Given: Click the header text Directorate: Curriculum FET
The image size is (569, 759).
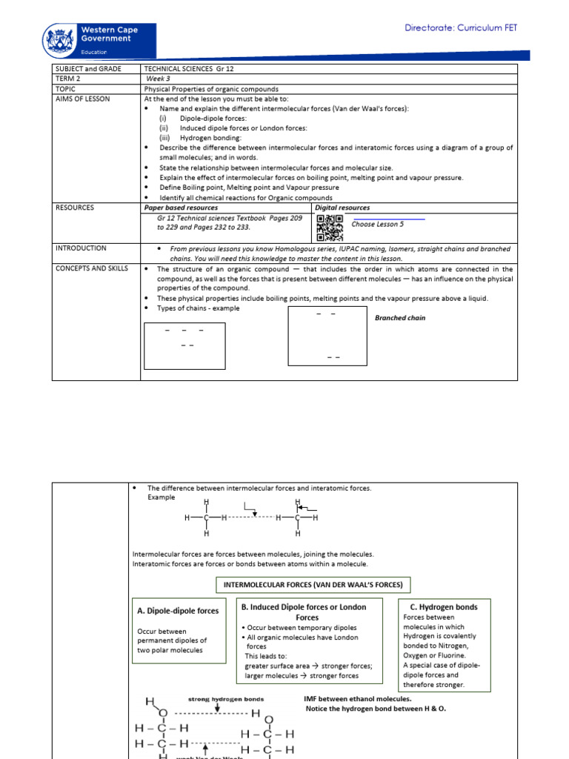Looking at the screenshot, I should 461,28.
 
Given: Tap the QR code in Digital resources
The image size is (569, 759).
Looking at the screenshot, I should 329,228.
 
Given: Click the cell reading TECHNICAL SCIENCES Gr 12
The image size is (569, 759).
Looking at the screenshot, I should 183,68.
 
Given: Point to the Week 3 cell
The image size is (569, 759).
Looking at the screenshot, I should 159,79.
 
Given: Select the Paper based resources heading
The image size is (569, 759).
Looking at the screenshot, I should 181,208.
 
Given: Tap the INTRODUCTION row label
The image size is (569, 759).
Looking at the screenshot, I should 81,248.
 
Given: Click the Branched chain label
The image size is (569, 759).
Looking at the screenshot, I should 400,318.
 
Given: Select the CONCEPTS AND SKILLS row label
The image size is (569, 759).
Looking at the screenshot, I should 91,268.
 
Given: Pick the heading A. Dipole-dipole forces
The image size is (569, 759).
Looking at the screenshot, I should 178,611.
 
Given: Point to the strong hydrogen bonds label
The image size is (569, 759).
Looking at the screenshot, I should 225,698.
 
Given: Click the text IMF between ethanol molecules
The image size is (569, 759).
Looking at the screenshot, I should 357,698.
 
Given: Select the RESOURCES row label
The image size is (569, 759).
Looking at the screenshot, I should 75,208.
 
